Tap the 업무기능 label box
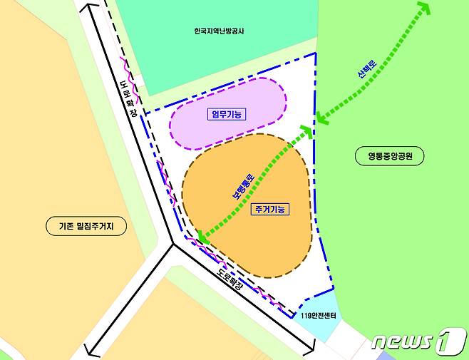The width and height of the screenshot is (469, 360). pyautogui.click(x=227, y=115)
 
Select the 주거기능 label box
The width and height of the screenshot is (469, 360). pyautogui.click(x=269, y=209)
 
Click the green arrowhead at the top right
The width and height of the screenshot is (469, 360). pyautogui.click(x=425, y=8)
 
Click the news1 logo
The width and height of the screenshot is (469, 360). pyautogui.click(x=418, y=341)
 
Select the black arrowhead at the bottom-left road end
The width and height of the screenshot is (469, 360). pyautogui.click(x=90, y=349)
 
